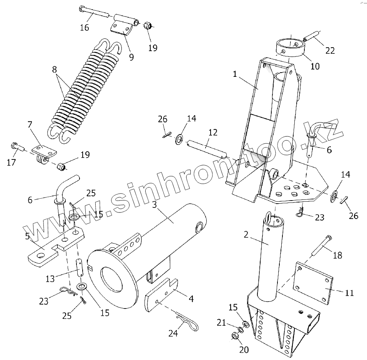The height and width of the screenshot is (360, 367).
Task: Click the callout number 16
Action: pyautogui.click(x=85, y=27)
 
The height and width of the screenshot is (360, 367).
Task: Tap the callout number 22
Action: pyautogui.click(x=330, y=50)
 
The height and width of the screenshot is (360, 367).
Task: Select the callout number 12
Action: pyautogui.click(x=213, y=133)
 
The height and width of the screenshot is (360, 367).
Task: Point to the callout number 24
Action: pyautogui.click(x=173, y=333)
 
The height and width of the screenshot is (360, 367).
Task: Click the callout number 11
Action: pyautogui.click(x=349, y=293)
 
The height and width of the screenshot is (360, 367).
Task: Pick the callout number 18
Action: pyautogui.click(x=337, y=255)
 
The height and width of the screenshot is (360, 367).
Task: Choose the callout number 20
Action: pyautogui.click(x=244, y=350)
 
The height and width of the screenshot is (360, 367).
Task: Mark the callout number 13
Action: pyautogui.click(x=50, y=279)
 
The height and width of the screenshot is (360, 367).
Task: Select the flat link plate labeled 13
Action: pyautogui.click(x=80, y=268)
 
